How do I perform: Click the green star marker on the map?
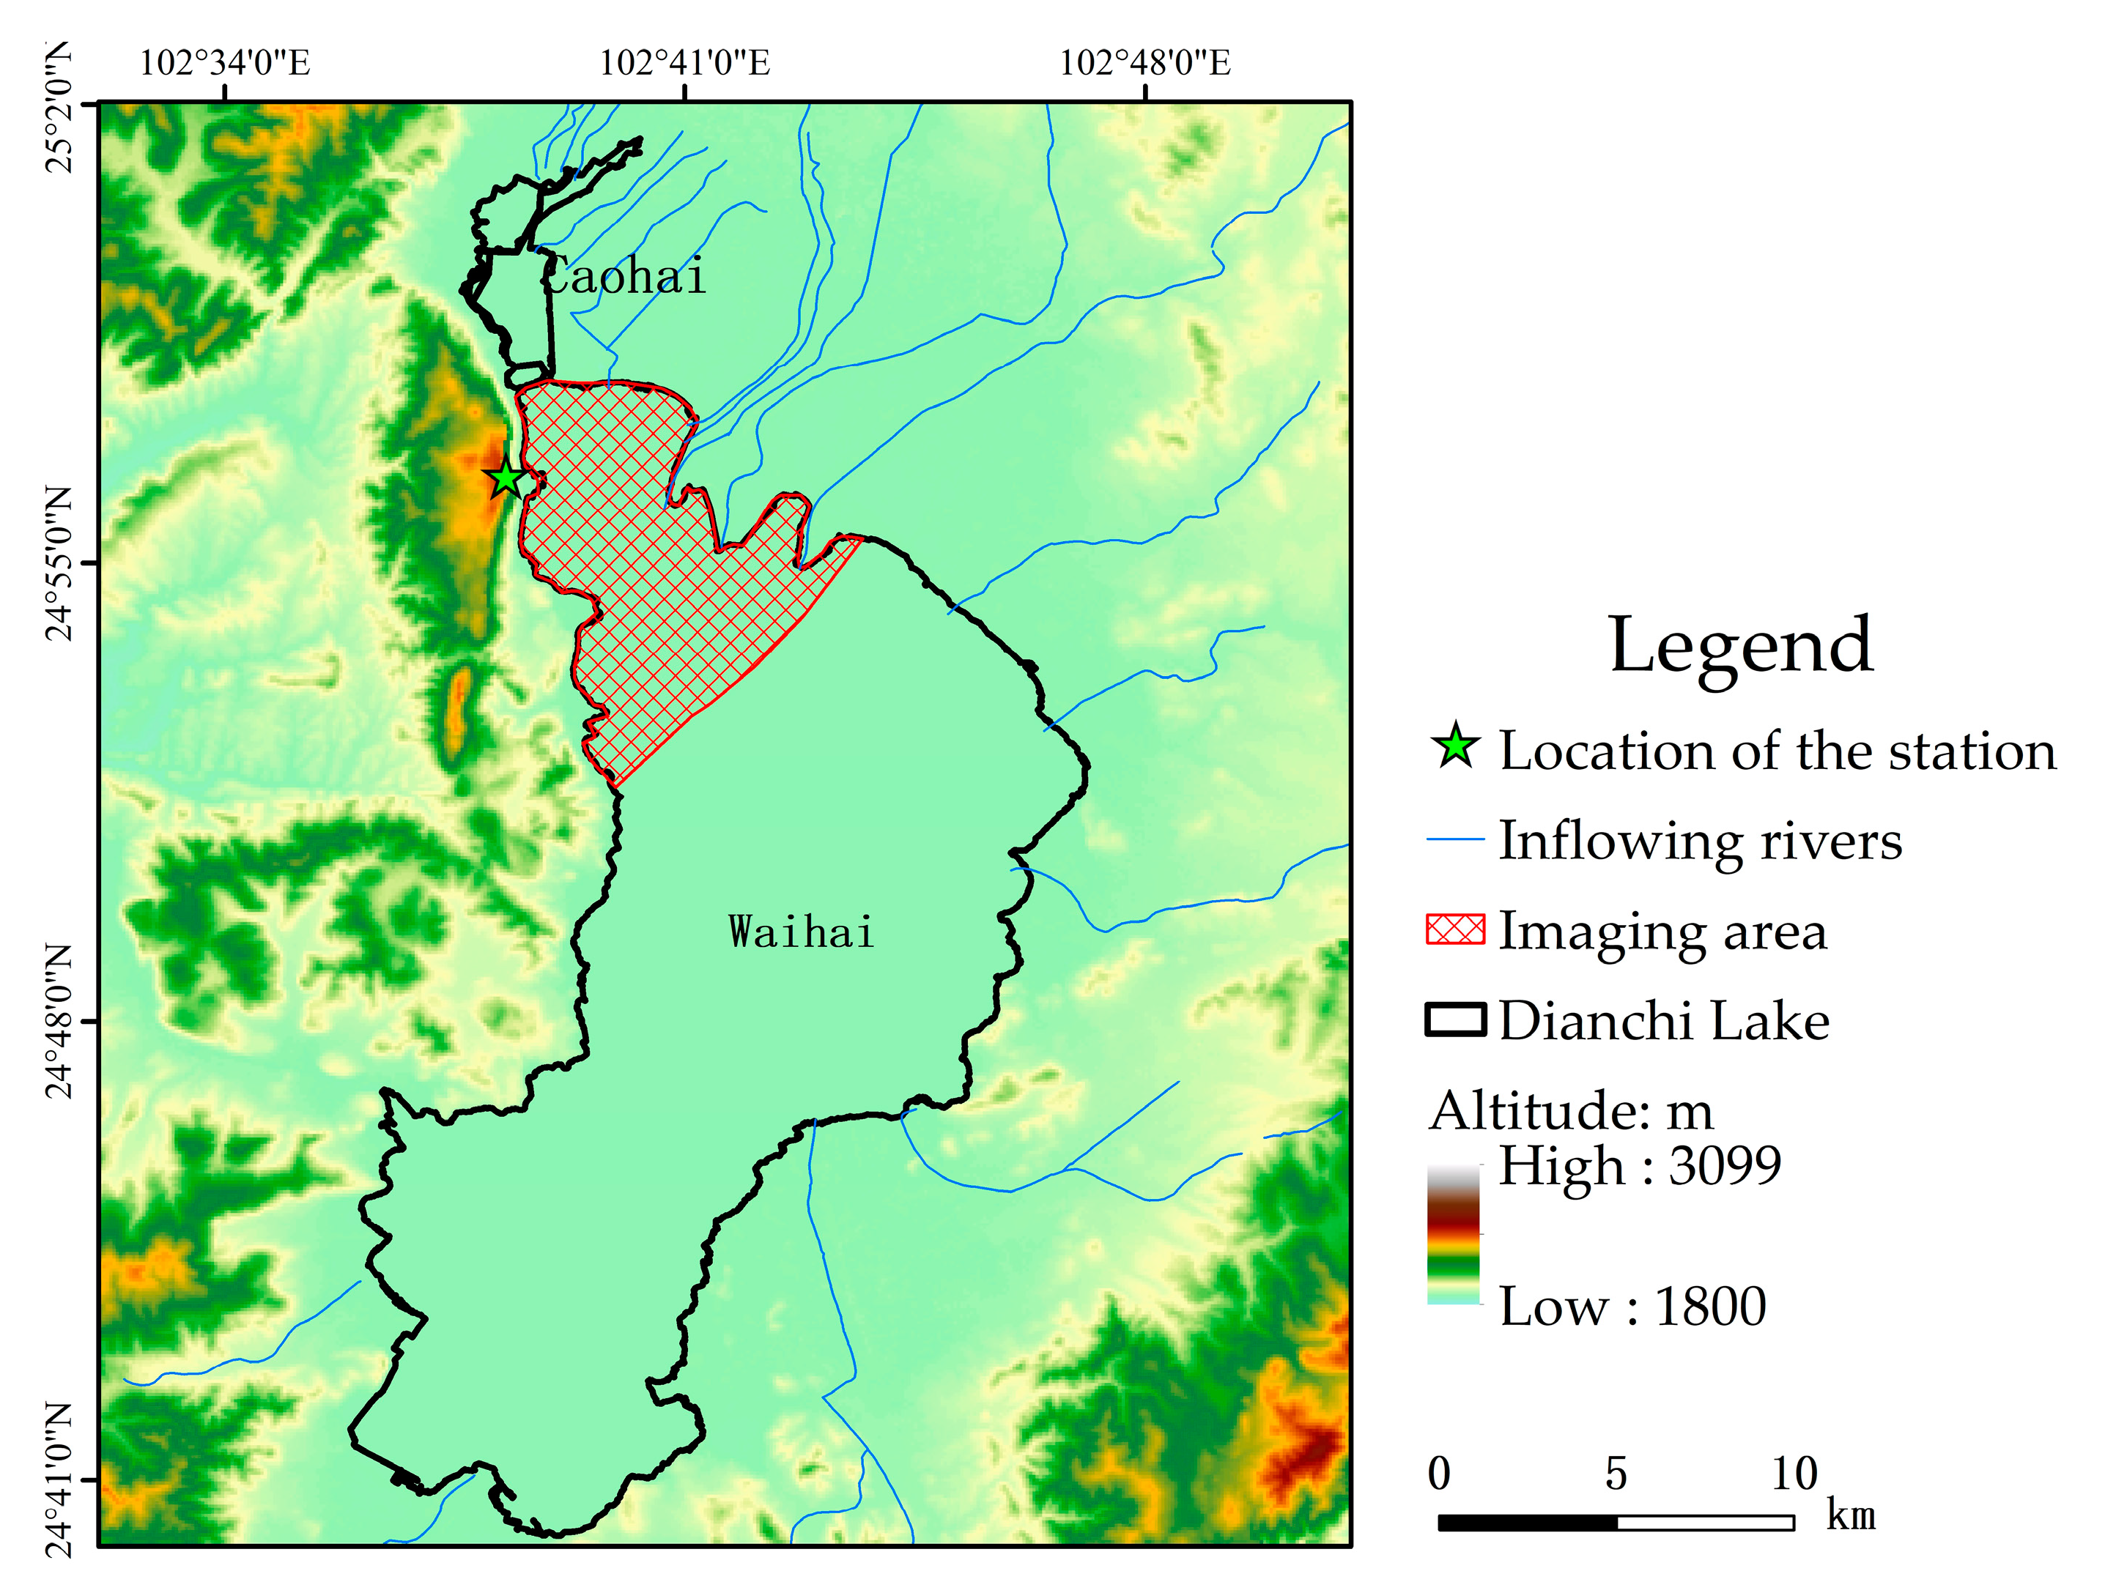505,478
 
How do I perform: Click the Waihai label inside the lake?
802,932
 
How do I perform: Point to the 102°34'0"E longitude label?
225,63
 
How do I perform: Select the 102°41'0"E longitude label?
684,63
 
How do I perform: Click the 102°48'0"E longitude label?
1144,63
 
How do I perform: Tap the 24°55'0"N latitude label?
59,563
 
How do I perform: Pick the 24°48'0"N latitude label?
59,1022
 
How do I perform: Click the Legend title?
1740,645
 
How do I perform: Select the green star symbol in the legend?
1455,747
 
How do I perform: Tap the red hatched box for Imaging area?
1455,929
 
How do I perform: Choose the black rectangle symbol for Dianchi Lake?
1455,1020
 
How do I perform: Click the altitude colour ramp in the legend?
1453,1234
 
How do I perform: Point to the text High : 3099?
1639,1166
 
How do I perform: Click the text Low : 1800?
1632,1307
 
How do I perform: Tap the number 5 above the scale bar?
1616,1474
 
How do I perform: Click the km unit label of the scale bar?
1850,1516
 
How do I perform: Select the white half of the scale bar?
1705,1523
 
